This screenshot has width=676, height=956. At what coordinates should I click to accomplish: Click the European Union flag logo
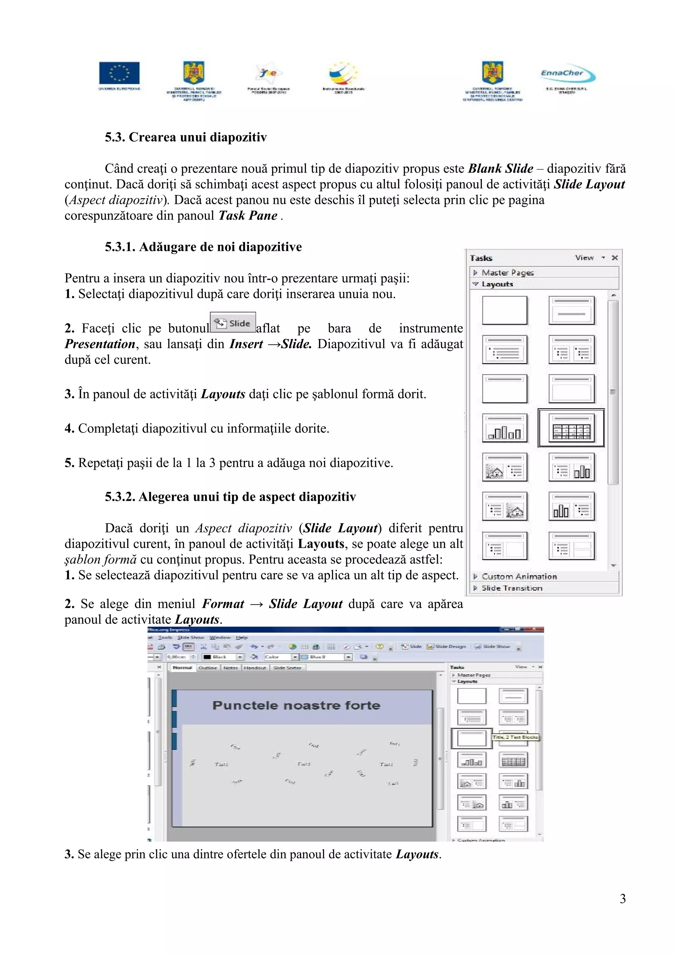119,73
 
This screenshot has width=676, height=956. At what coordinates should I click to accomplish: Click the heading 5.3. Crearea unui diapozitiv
186,138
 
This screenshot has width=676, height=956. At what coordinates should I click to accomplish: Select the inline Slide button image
233,323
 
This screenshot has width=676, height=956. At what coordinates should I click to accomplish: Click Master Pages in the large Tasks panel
507,273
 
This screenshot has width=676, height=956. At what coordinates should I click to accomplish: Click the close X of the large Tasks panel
614,258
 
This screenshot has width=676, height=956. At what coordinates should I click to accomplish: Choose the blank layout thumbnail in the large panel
504,310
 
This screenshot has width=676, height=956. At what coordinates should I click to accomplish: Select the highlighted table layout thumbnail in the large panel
571,429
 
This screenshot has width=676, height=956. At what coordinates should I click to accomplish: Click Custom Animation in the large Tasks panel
519,577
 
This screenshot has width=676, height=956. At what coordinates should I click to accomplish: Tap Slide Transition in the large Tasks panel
512,588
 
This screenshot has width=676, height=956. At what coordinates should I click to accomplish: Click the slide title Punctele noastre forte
296,705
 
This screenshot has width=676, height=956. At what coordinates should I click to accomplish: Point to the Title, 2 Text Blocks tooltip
515,737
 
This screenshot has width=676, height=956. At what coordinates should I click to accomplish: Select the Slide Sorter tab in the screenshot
287,668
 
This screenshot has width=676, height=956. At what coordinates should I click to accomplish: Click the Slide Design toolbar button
447,647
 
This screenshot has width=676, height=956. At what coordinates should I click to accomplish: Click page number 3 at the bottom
622,899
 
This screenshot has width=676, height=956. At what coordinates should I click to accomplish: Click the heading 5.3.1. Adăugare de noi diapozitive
203,247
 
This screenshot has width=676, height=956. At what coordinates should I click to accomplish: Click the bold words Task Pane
248,216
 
